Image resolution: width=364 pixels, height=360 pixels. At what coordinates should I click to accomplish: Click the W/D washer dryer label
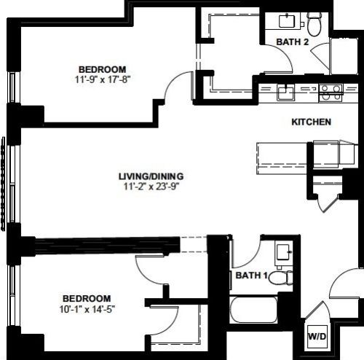[x=317, y=337]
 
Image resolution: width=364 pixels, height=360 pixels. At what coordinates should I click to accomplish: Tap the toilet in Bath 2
[x=314, y=23]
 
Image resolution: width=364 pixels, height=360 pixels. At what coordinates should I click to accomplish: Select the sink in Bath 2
[x=287, y=21]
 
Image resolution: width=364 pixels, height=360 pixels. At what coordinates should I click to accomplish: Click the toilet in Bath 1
[x=280, y=278]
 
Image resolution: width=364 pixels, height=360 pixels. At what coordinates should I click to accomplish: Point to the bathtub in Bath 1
[x=253, y=310]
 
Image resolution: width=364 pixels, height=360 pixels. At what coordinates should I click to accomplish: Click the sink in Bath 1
[x=283, y=254]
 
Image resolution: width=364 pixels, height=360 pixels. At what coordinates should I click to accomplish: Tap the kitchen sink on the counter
[x=286, y=93]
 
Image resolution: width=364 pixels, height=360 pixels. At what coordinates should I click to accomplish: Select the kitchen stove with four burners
[x=331, y=93]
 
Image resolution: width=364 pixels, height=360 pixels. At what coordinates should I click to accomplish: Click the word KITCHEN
[x=312, y=122]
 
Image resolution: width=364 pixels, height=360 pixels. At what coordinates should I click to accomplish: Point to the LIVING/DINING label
[x=151, y=176]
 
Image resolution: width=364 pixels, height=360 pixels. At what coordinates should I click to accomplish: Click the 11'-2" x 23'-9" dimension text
[x=151, y=187]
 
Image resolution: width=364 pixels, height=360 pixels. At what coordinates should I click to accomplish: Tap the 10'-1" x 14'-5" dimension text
[x=87, y=309]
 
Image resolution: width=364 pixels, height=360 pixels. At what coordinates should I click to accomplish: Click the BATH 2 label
[x=293, y=42]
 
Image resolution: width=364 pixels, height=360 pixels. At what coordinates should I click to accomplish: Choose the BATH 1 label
[x=251, y=275]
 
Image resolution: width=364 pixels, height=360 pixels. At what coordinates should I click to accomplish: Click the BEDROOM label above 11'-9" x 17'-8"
[x=103, y=69]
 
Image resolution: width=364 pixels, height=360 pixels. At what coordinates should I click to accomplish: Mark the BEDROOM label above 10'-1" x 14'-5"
[x=87, y=298]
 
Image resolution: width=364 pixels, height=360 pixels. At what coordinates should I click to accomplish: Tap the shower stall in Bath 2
[x=344, y=56]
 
